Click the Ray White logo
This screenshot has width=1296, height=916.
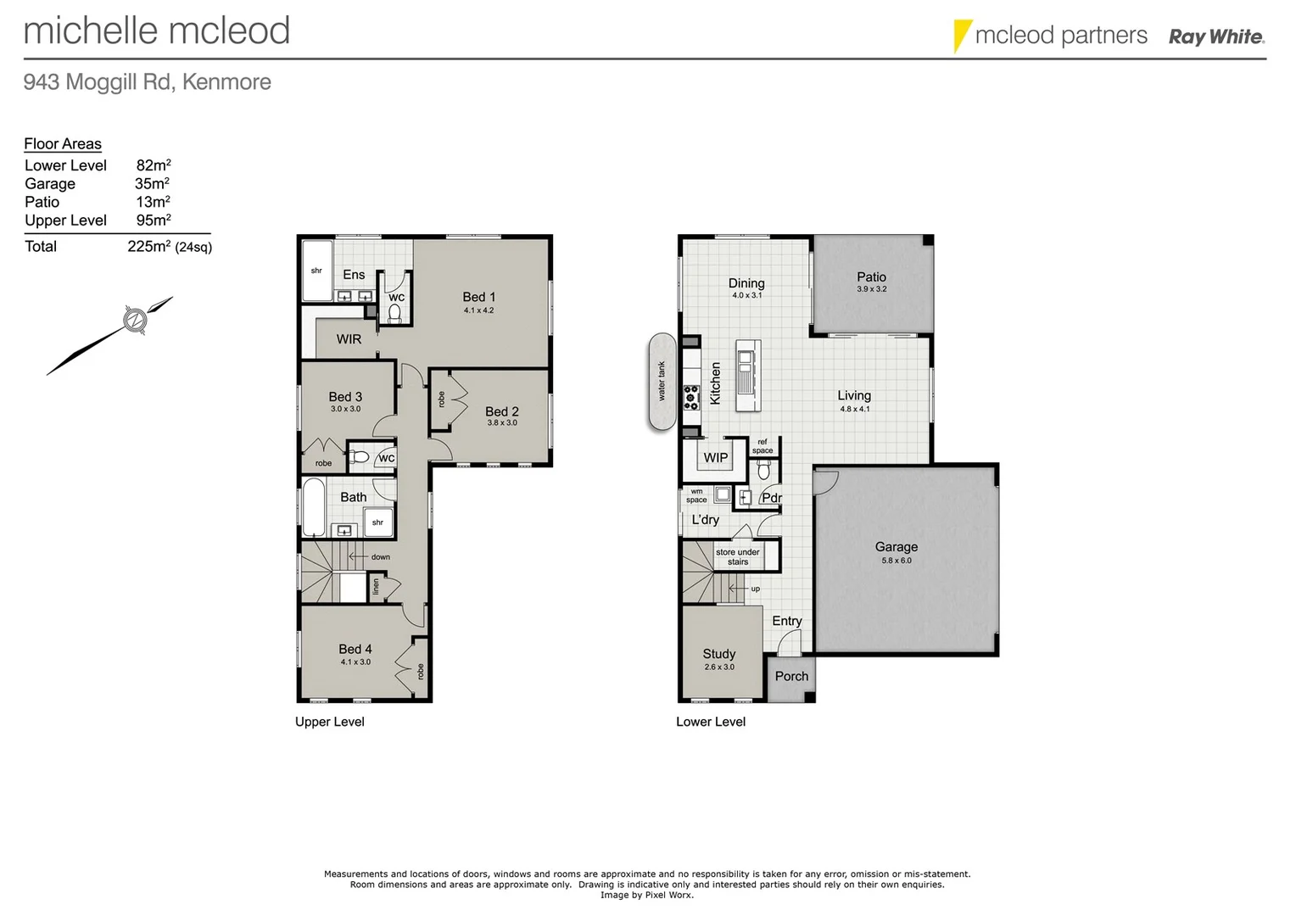[1215, 36]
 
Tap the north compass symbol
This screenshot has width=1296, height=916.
[134, 320]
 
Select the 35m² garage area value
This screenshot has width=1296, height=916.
[152, 184]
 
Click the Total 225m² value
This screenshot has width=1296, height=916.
[148, 247]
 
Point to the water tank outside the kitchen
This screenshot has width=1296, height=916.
[662, 382]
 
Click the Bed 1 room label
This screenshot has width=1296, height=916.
[478, 298]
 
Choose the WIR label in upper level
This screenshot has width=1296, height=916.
[349, 339]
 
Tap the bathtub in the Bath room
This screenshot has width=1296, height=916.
[314, 507]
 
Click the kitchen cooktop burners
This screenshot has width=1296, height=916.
[691, 398]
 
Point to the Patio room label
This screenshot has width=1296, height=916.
[871, 277]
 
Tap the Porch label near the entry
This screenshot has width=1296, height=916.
[791, 677]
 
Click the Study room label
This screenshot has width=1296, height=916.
[718, 654]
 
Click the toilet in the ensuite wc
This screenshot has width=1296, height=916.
[394, 313]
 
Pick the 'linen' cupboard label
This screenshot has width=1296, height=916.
[376, 586]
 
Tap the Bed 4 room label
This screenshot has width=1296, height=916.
[355, 650]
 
